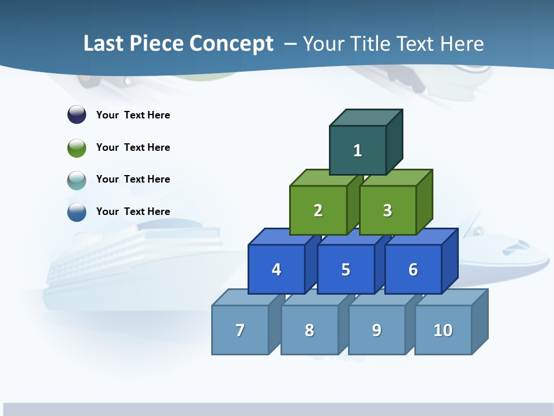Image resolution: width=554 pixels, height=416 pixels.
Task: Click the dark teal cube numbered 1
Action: coord(358,150)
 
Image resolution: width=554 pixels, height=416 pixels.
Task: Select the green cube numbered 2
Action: coord(318,210)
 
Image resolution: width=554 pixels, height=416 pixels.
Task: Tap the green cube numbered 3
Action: coord(387,210)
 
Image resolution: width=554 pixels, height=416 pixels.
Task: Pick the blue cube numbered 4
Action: coord(276,269)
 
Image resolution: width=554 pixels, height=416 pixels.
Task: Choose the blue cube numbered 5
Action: coord(346,269)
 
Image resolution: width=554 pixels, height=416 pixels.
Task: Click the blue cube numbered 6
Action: coord(413,269)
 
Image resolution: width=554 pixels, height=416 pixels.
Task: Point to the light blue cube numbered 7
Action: coord(240,330)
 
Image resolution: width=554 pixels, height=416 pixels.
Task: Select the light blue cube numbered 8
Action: coord(309,330)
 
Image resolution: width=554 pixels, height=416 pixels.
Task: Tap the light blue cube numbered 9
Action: coord(376,330)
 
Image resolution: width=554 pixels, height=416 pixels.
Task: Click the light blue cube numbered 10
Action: coord(443,330)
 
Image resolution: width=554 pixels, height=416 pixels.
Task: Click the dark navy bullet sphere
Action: coord(77,114)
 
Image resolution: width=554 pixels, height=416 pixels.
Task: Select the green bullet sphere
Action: coord(77,147)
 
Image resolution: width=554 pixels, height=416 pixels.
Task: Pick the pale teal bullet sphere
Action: coord(77,180)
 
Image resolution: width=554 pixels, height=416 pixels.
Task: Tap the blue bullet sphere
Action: coord(77,211)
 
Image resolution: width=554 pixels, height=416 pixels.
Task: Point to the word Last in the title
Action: coord(104,44)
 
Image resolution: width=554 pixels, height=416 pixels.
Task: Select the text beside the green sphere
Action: coord(133,147)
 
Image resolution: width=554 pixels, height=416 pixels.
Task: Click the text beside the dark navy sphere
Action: coord(133,115)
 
